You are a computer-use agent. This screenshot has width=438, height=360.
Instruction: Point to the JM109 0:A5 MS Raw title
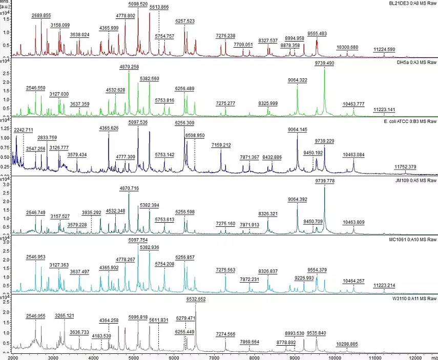pyautogui.click(x=416, y=180)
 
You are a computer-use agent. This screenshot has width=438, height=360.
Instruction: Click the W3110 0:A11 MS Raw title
pyautogui.click(x=415, y=298)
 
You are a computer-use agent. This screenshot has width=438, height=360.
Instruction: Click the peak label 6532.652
pyautogui.click(x=195, y=298)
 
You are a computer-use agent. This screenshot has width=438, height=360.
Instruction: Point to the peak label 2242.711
pyautogui.click(x=24, y=130)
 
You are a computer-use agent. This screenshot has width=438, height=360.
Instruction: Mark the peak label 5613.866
pyautogui.click(x=159, y=7)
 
